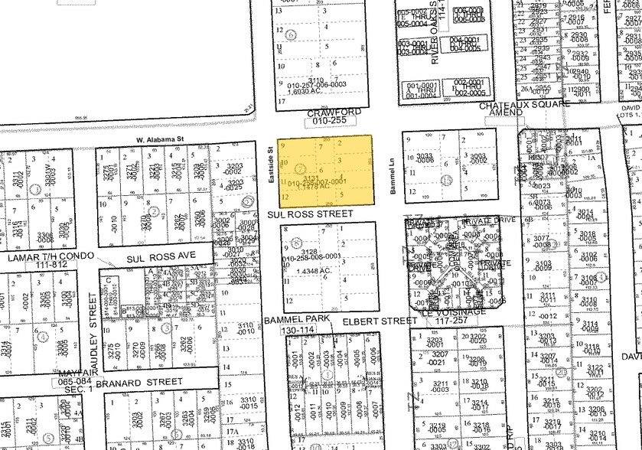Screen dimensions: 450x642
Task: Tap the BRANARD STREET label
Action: [x=143, y=381]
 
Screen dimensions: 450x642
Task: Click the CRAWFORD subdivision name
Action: [x=322, y=112]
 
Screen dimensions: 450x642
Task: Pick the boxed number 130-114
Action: [x=298, y=328]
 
